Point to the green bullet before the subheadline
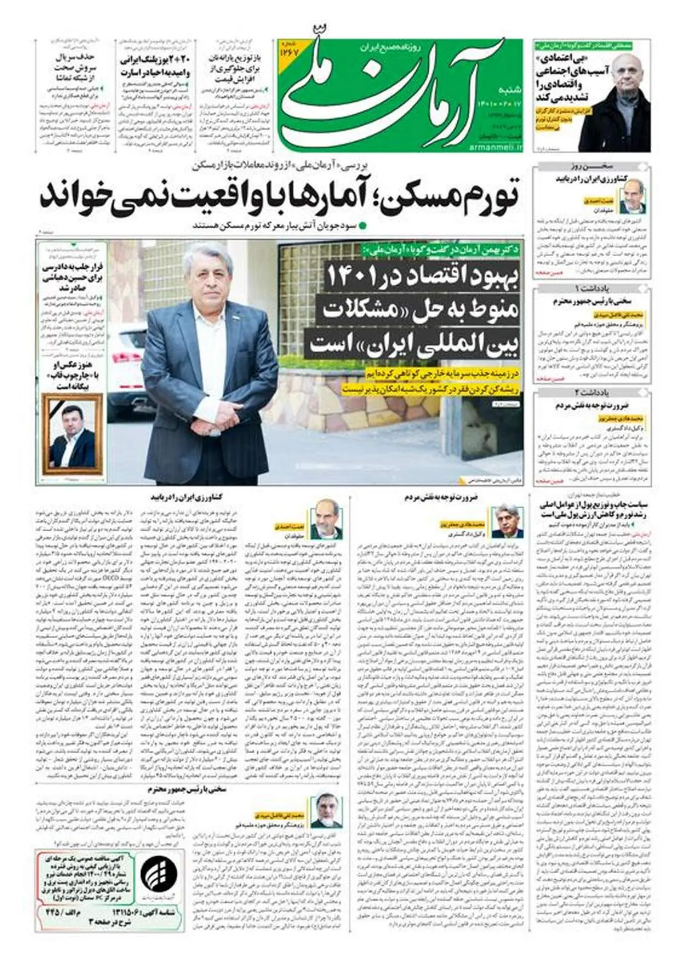click(361, 225)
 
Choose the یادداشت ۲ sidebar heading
click(592, 392)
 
